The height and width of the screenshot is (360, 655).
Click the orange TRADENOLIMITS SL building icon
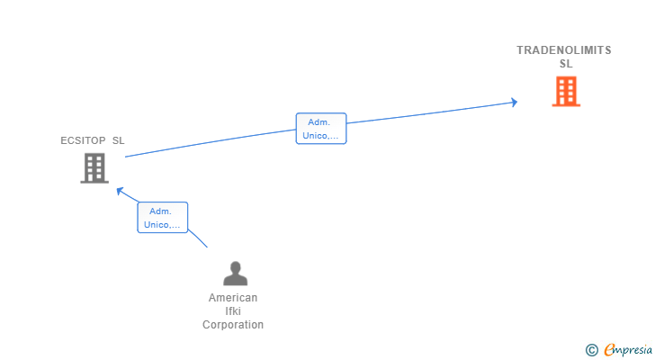tap(566, 92)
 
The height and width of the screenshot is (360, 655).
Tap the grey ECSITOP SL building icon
tap(94, 168)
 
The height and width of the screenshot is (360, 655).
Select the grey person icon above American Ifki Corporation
tap(235, 274)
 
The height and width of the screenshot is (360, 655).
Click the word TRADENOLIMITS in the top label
tap(563, 50)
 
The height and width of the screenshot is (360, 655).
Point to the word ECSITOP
tap(83, 140)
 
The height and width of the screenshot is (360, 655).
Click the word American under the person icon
tap(233, 298)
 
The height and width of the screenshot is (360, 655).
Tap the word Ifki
tap(233, 311)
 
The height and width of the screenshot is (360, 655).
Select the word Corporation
tap(233, 325)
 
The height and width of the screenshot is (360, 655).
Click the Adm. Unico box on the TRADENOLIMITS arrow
tap(321, 129)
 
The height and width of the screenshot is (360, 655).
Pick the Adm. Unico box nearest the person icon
tap(163, 217)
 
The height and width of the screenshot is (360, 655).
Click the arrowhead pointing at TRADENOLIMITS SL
tap(515, 102)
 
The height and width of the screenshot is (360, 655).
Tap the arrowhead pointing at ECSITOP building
tap(119, 190)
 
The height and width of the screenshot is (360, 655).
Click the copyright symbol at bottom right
tap(591, 350)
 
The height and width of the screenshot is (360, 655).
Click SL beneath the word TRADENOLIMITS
tap(565, 64)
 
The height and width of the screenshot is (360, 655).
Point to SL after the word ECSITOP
tap(118, 140)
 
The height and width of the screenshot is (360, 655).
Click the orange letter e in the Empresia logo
tap(609, 350)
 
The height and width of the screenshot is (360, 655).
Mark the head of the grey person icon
tap(235, 267)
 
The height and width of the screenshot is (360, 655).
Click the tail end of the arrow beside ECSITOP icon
tap(126, 157)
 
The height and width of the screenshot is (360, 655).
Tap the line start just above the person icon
tap(207, 247)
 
